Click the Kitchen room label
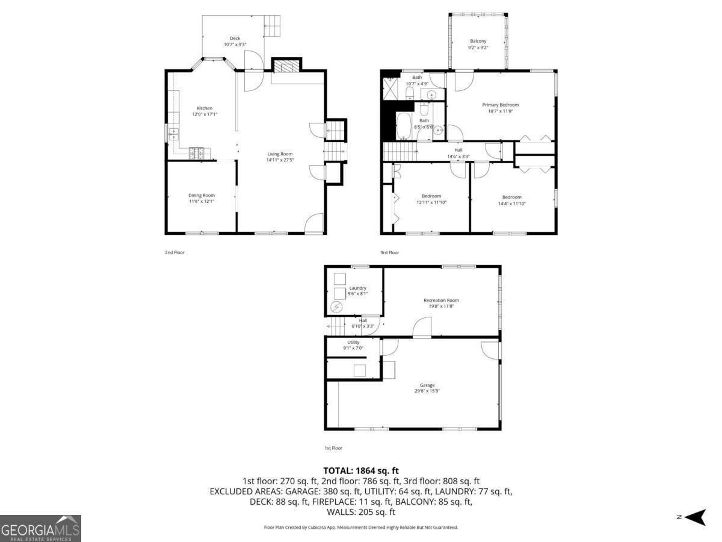pyautogui.click(x=205, y=108)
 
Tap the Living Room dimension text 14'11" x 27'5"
pyautogui.click(x=280, y=160)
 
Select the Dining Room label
pyautogui.click(x=202, y=195)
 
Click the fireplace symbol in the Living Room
pyautogui.click(x=285, y=66)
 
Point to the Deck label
pyautogui.click(x=235, y=38)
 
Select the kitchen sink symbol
pyautogui.click(x=174, y=132)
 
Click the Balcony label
pyautogui.click(x=478, y=41)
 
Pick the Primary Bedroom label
pyautogui.click(x=500, y=105)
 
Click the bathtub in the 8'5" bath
pyautogui.click(x=403, y=127)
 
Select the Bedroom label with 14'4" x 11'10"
pyautogui.click(x=512, y=197)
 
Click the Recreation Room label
pyautogui.click(x=441, y=300)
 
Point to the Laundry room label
pyautogui.click(x=357, y=288)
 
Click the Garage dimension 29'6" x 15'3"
pyautogui.click(x=427, y=391)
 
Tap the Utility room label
pyautogui.click(x=353, y=342)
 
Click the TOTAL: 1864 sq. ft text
pyautogui.click(x=361, y=470)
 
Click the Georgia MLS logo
pyautogui.click(x=40, y=528)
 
